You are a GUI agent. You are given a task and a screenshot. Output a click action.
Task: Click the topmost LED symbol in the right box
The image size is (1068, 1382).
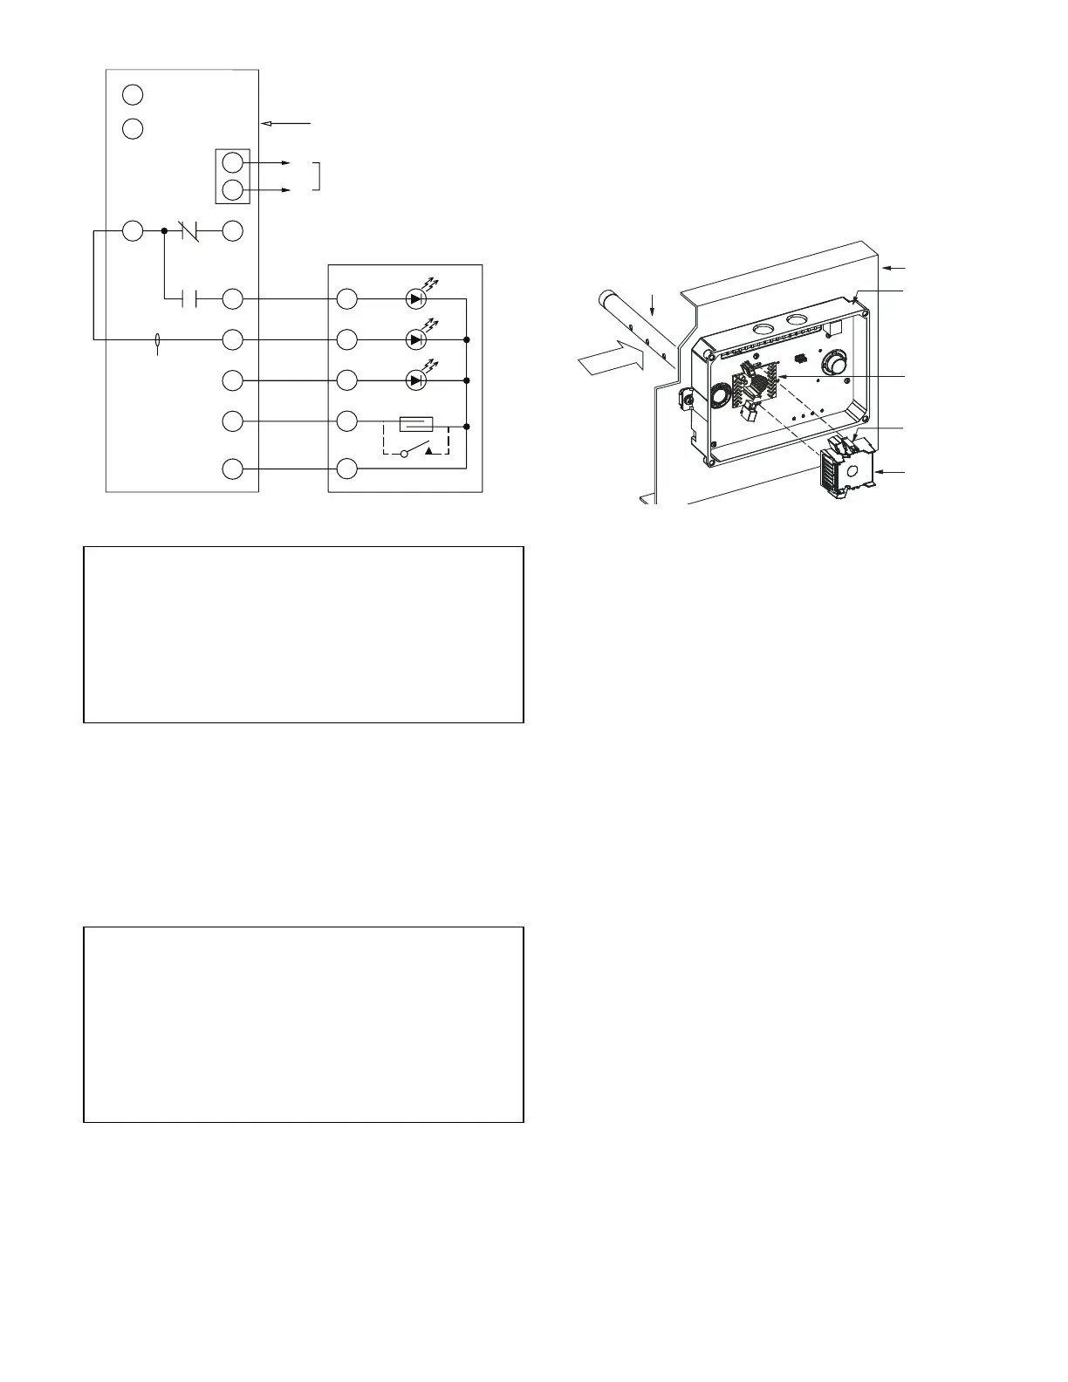point(416,299)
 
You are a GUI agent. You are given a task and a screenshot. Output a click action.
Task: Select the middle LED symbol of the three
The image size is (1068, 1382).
point(416,339)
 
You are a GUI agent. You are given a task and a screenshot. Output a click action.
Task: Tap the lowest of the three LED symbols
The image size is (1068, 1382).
point(416,380)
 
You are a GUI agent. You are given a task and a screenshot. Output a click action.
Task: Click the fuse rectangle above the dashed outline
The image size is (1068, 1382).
point(415,425)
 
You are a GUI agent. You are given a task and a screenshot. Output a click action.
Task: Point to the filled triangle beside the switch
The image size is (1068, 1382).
point(427,450)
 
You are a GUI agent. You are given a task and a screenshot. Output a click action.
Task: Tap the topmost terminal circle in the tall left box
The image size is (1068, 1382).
point(133,93)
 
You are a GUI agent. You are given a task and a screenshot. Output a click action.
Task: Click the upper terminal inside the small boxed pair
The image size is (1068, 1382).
point(232,162)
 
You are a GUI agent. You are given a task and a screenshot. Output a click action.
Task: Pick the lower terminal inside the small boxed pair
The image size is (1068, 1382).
point(232,189)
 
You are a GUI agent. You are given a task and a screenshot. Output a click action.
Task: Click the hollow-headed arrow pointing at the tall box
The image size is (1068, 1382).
point(287,124)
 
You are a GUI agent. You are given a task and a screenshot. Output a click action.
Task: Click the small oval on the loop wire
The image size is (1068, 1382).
point(157,340)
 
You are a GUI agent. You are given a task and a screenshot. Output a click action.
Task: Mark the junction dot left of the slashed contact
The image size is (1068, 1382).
point(165,231)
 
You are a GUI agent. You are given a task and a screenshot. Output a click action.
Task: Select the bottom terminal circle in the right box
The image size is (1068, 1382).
point(347,469)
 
